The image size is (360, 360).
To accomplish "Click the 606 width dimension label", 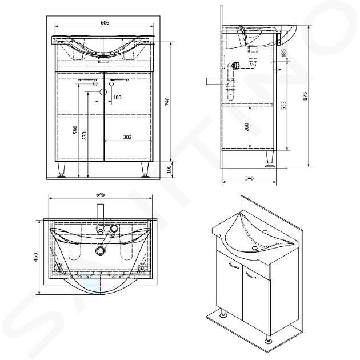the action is click(105, 22).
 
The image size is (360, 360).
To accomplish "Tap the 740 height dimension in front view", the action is click(167, 101).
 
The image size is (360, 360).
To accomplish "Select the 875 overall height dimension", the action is click(305, 96).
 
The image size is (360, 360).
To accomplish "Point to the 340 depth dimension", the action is click(249, 178).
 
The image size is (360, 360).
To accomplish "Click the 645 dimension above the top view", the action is click(101, 194).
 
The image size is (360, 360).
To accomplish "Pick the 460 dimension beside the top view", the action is click(35, 258).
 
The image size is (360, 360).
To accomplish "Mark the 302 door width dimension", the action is click(127, 137).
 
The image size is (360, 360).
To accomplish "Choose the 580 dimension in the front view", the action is click(75, 130).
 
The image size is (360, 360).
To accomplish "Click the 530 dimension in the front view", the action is click(85, 135).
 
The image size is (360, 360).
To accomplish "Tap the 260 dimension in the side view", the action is click(246, 127).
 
